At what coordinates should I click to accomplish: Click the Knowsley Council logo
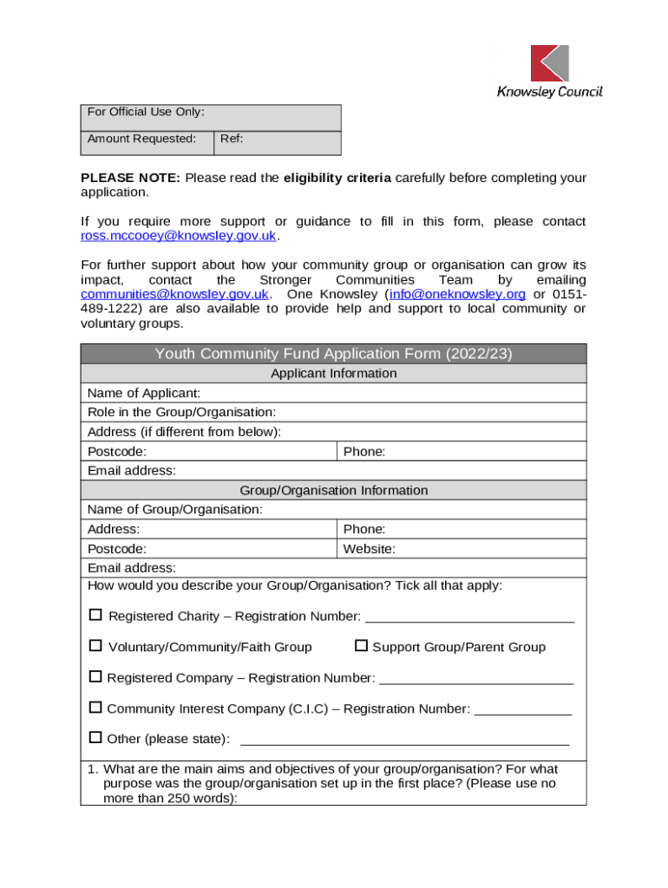pyautogui.click(x=549, y=71)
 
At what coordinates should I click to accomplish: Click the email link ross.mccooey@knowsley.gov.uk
pyautogui.click(x=179, y=236)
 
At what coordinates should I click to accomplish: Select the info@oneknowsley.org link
pyautogui.click(x=457, y=294)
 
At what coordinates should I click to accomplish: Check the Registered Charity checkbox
pyautogui.click(x=95, y=616)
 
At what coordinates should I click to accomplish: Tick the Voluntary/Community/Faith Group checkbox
pyautogui.click(x=95, y=646)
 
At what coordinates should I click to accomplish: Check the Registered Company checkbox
pyautogui.click(x=95, y=677)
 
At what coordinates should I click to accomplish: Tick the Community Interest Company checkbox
pyautogui.click(x=95, y=708)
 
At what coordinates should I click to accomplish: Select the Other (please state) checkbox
pyautogui.click(x=95, y=738)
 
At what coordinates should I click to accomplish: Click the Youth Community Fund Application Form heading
pyautogui.click(x=333, y=354)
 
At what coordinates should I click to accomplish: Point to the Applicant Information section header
pyautogui.click(x=333, y=374)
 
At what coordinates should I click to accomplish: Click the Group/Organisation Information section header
pyautogui.click(x=333, y=491)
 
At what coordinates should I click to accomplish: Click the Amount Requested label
pyautogui.click(x=141, y=139)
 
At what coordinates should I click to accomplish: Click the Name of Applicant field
pyautogui.click(x=390, y=394)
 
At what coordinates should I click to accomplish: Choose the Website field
pyautogui.click(x=486, y=549)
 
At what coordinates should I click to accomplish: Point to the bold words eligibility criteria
pyautogui.click(x=337, y=178)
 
